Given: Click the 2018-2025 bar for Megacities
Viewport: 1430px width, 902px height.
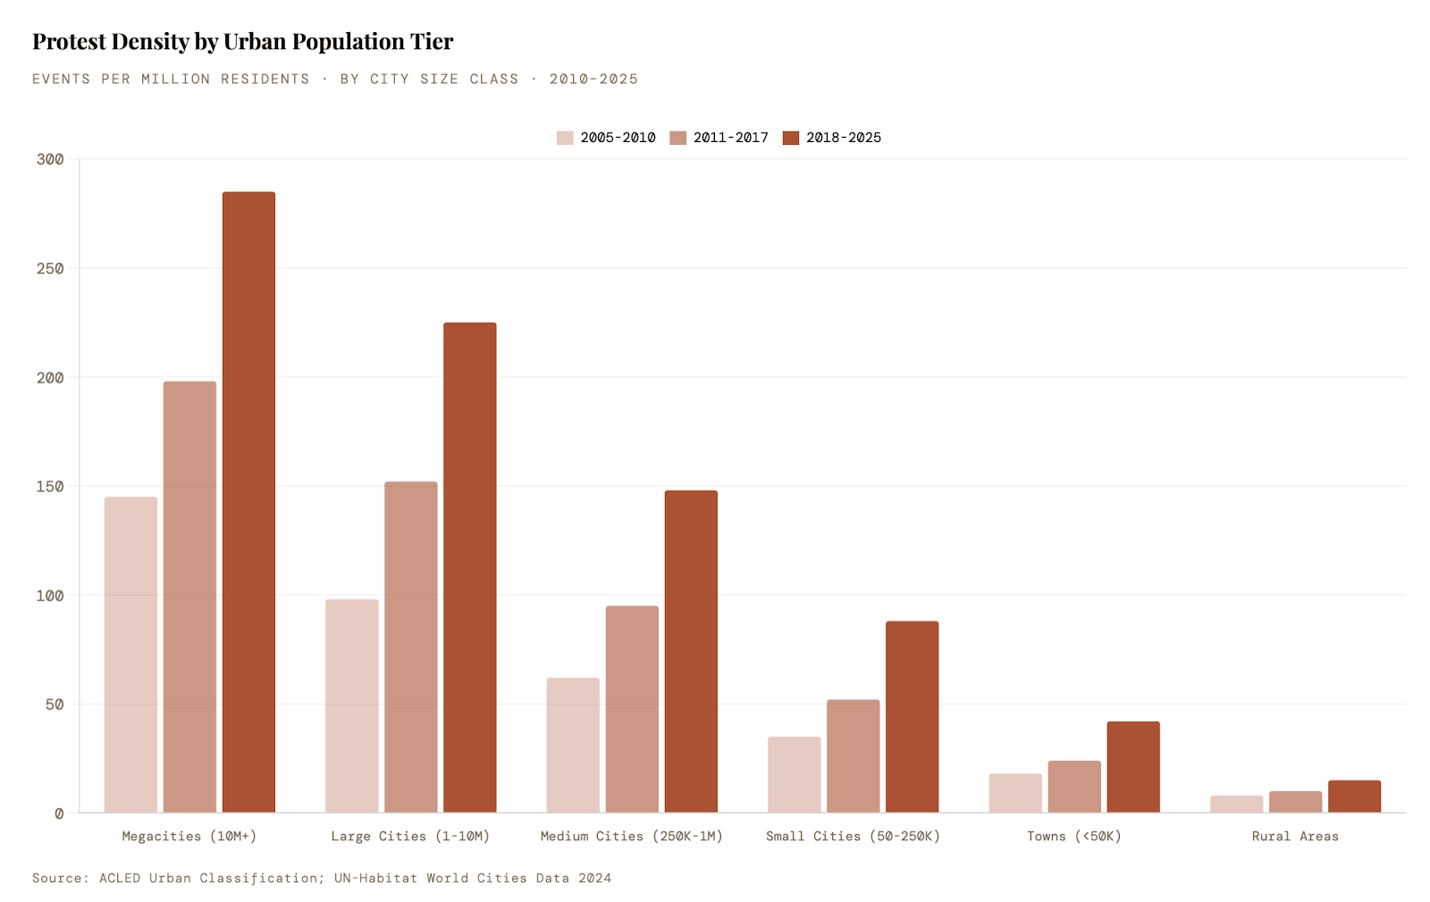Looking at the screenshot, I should [x=248, y=502].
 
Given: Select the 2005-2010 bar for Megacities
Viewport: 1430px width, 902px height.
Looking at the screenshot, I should [x=130, y=654].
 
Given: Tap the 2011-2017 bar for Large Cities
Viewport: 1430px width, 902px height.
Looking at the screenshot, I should [x=411, y=646].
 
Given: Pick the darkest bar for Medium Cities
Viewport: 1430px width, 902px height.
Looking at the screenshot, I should [x=691, y=651].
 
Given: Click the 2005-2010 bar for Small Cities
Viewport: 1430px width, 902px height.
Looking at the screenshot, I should [x=794, y=774].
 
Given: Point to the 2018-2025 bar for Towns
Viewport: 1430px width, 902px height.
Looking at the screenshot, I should [x=1133, y=766].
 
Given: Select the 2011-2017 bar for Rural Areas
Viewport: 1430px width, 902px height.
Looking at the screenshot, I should [x=1295, y=801].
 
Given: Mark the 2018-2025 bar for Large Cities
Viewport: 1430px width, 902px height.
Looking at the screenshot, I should [x=470, y=567].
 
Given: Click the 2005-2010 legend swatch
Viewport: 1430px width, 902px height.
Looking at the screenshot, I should [x=565, y=138].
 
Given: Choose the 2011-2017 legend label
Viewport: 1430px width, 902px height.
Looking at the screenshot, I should [x=730, y=138].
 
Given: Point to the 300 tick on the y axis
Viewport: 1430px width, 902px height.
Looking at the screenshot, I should [x=50, y=159].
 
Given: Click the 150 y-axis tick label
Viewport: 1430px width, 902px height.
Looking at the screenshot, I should [x=50, y=486].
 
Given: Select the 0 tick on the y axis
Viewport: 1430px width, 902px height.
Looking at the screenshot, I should [x=59, y=813].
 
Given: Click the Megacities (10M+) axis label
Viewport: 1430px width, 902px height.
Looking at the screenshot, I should [x=189, y=836].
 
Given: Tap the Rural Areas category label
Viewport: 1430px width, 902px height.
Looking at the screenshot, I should [x=1295, y=836].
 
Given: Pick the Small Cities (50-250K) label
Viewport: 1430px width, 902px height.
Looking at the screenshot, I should [x=853, y=836].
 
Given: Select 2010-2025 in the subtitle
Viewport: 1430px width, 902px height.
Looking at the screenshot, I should [x=593, y=79].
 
